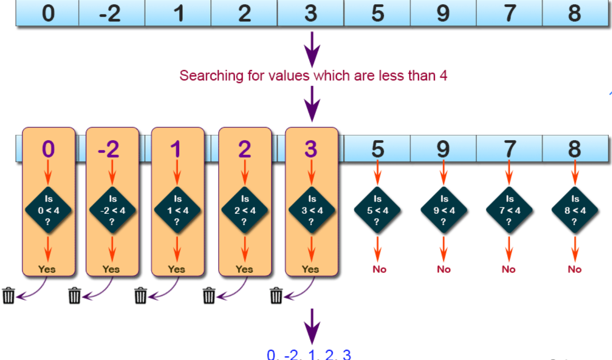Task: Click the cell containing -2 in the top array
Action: [x=111, y=13]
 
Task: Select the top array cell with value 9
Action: [x=443, y=13]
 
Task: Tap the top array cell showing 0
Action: [x=48, y=13]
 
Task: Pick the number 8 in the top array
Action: [x=574, y=13]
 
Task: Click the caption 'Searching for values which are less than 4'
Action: [x=313, y=76]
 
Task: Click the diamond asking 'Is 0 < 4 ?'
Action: [x=48, y=210]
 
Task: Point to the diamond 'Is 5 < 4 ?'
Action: [x=378, y=210]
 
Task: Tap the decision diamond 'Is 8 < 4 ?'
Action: [x=575, y=210]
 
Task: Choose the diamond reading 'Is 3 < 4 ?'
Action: [x=311, y=210]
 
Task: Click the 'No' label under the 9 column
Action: [x=444, y=269]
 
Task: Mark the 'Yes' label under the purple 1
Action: [x=177, y=269]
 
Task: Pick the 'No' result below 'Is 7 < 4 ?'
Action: [x=509, y=269]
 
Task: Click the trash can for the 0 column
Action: [x=8, y=295]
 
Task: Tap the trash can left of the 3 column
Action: [x=277, y=295]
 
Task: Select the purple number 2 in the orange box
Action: [x=245, y=149]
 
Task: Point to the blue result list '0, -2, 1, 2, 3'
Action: [x=309, y=355]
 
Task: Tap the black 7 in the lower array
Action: [x=509, y=149]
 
